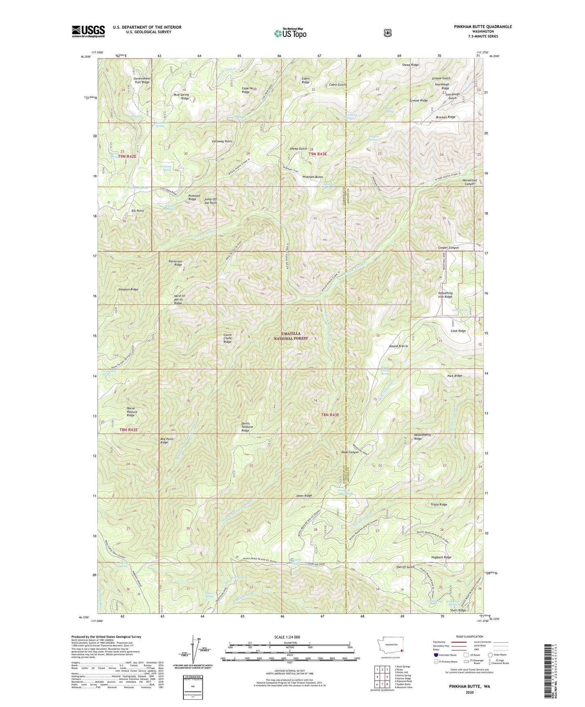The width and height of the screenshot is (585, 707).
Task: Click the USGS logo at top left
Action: click(x=88, y=31)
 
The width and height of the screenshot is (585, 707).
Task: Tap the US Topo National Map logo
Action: click(x=289, y=33)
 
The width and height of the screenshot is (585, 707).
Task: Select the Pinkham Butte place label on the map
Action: click(x=313, y=177)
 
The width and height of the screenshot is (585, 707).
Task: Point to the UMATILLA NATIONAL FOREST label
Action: click(x=291, y=336)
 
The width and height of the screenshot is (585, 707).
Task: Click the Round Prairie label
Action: click(x=398, y=346)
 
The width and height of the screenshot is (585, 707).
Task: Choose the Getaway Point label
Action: click(x=222, y=141)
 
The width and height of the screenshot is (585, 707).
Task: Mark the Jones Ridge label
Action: click(x=304, y=496)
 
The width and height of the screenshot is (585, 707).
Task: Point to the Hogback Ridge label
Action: click(x=441, y=557)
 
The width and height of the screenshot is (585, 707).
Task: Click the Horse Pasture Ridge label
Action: click(x=131, y=412)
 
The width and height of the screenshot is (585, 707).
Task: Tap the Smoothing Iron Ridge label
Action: click(x=445, y=295)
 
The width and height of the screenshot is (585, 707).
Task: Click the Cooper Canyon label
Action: click(x=448, y=247)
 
